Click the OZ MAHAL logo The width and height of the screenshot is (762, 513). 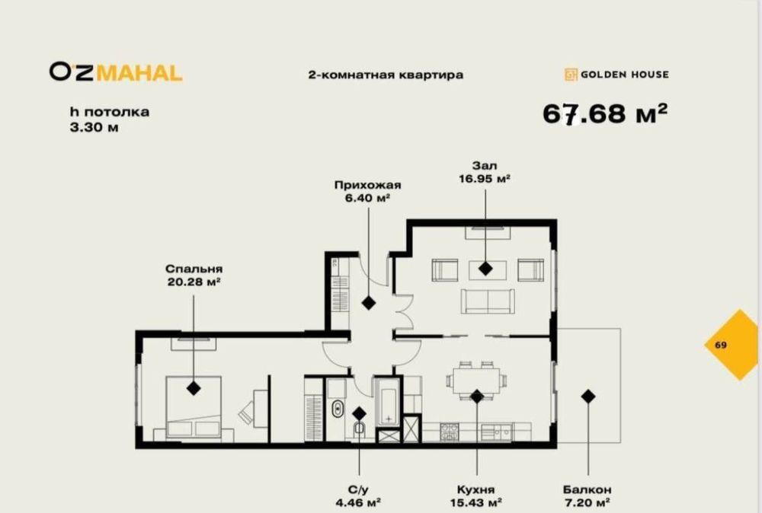point(116,72)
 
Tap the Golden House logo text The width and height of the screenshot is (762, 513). point(616,75)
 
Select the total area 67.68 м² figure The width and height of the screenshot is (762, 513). point(605,113)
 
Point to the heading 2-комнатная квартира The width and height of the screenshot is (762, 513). point(385,75)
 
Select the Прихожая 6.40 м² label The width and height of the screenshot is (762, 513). point(367,191)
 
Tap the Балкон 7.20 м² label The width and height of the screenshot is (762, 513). point(588,495)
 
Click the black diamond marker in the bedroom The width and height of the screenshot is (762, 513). point(194,388)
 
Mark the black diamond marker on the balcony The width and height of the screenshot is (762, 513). point(588,396)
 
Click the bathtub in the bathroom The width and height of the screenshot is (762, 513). point(386,403)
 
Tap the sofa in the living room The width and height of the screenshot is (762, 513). point(487,301)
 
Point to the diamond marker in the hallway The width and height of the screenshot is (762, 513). point(369,303)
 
